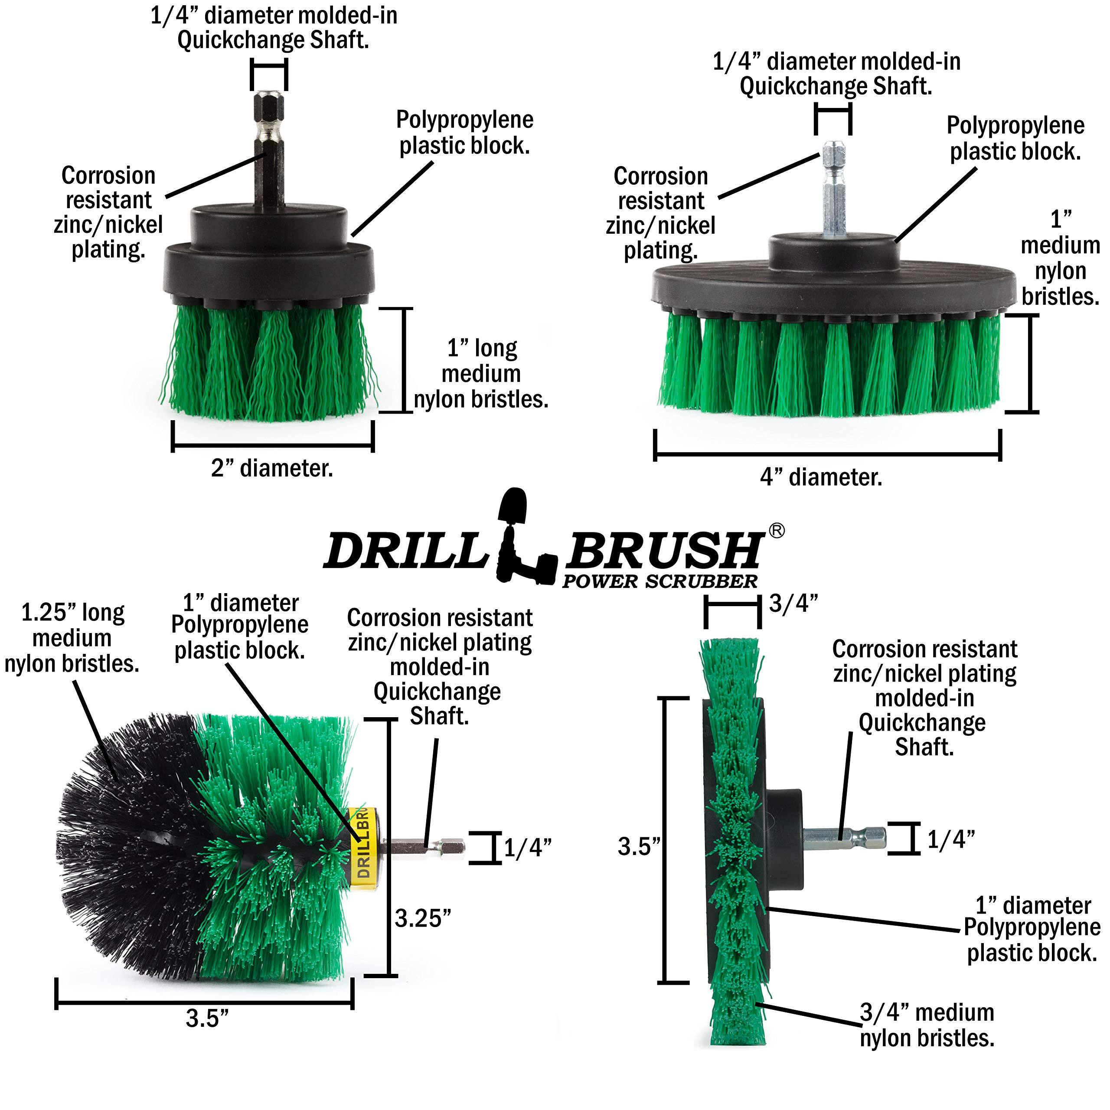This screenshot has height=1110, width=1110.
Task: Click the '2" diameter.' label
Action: (x=272, y=469)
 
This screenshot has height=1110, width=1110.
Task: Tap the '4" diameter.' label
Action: (x=821, y=477)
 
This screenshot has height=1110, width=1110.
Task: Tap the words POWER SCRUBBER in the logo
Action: (x=660, y=581)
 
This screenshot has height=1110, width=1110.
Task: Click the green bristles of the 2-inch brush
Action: (x=270, y=362)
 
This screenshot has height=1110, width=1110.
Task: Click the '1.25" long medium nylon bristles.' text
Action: (x=72, y=638)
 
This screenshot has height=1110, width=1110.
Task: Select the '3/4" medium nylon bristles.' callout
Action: (x=927, y=1025)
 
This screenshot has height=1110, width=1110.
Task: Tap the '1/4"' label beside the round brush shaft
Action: (x=527, y=848)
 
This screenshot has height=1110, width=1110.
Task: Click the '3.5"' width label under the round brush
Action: (x=207, y=1019)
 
